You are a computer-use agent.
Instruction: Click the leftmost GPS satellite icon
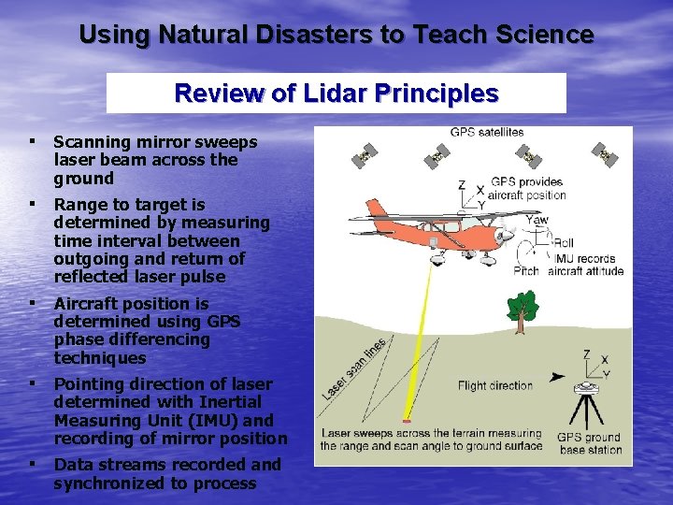click(366, 155)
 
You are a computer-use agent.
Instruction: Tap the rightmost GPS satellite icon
click(605, 153)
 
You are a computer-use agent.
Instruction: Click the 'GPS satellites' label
click(486, 133)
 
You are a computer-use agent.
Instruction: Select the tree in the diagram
click(522, 310)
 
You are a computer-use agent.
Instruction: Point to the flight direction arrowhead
click(558, 378)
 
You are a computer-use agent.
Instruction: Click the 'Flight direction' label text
click(495, 385)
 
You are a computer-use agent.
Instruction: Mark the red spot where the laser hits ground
click(407, 420)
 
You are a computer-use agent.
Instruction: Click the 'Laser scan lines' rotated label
click(355, 368)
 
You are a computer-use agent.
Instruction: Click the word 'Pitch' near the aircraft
click(526, 271)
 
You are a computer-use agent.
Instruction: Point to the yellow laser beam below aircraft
click(419, 337)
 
